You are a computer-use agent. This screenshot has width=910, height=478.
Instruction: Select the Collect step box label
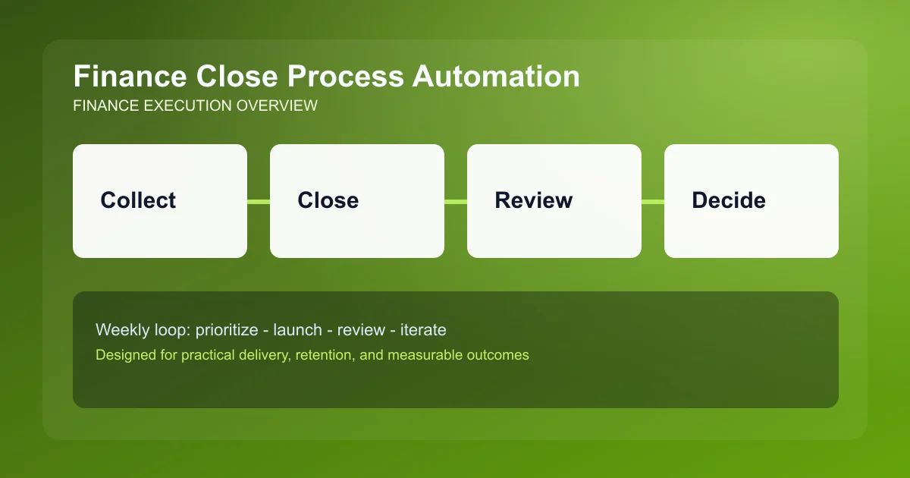coord(138,200)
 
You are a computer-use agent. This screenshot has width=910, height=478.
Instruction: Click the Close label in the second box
coord(328,200)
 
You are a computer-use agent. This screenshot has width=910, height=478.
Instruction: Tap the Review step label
coord(533,200)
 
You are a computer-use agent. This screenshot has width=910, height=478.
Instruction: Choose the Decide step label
coord(728,200)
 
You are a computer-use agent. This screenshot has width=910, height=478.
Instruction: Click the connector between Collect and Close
coord(259,201)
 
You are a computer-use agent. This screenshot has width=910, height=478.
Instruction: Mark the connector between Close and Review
coord(456,201)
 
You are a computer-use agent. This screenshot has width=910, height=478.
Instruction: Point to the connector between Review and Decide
coord(653,201)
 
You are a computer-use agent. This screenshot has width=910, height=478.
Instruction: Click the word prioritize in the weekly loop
coord(227,330)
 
